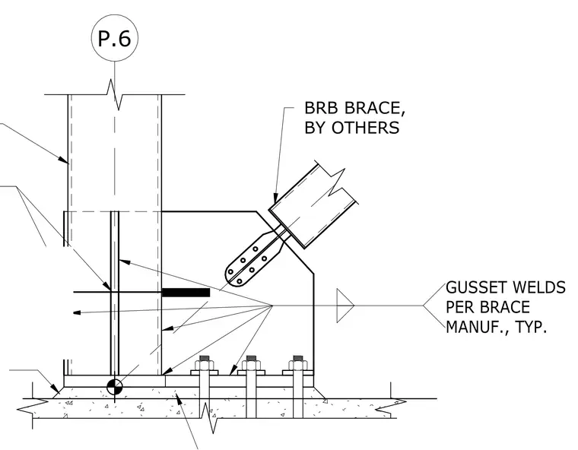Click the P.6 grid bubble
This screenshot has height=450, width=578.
(x=114, y=38)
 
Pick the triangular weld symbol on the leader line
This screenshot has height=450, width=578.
(x=345, y=306)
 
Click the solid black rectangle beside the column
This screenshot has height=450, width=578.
(x=186, y=293)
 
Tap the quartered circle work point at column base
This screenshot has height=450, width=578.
(x=114, y=387)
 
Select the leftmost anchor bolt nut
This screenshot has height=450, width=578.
(x=205, y=365)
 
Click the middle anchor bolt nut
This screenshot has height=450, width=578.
(x=251, y=365)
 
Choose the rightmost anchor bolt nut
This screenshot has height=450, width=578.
(x=297, y=365)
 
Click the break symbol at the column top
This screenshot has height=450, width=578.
(x=115, y=94)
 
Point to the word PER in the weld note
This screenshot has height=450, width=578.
(x=460, y=306)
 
